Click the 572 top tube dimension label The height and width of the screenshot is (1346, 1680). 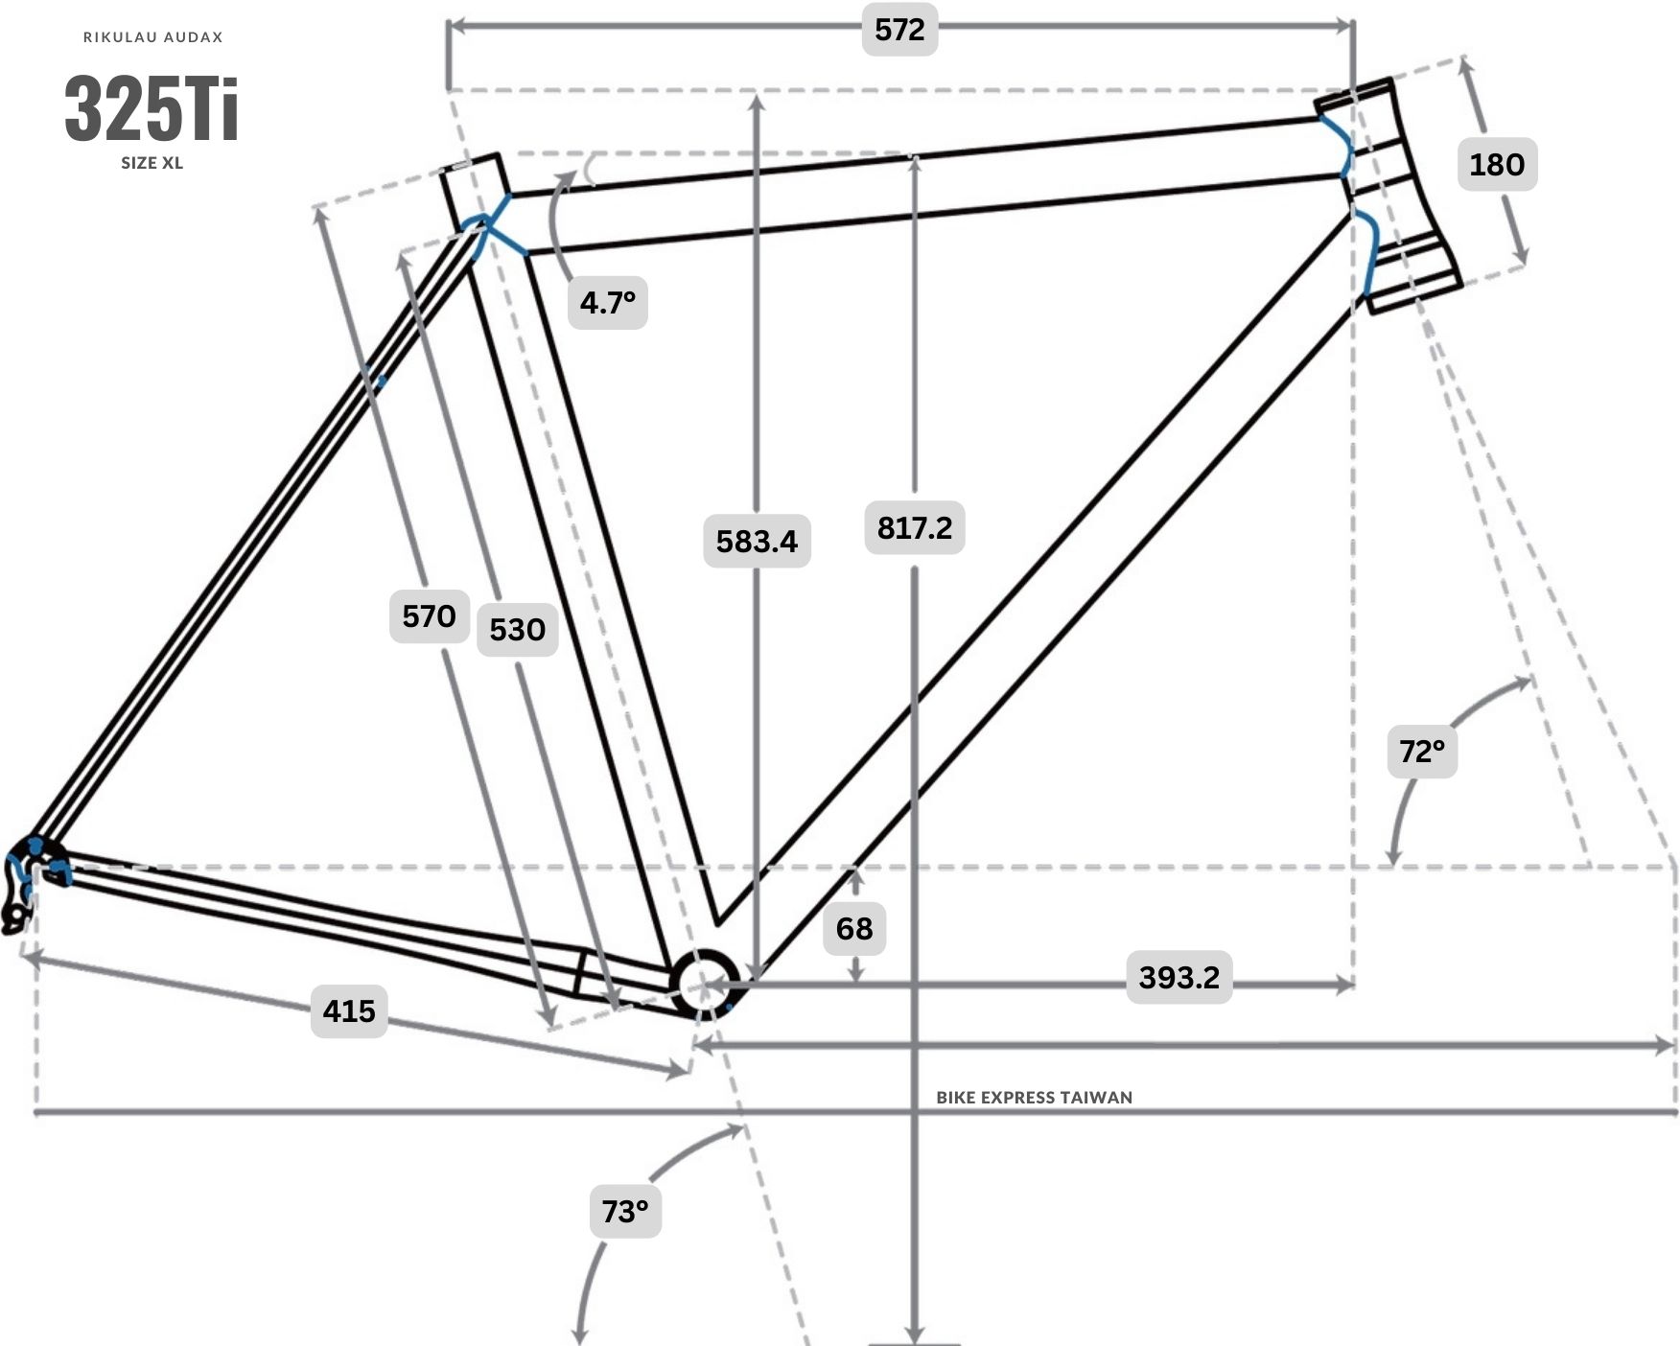coord(899,30)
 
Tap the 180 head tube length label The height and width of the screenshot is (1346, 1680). coord(1497,164)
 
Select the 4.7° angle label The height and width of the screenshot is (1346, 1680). coord(608,303)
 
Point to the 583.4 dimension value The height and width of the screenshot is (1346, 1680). coord(757,542)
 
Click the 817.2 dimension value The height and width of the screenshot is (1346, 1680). coord(915,527)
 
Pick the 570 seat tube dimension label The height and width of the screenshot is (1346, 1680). coord(429,615)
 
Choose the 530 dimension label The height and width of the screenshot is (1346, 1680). coord(517,630)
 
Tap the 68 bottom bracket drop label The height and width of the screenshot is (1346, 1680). coord(854,928)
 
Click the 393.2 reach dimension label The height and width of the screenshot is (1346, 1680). coord(1178,978)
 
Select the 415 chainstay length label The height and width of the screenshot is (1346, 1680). coord(349,1011)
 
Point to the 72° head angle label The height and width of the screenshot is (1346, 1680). coord(1422,751)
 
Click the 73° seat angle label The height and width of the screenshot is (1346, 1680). coord(625,1212)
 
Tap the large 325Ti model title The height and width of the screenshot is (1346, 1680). coord(152,108)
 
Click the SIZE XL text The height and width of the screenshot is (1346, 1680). coord(152,163)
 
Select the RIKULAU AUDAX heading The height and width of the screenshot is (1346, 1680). coord(153,37)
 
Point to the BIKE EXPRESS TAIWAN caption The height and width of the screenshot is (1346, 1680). coord(1035,1098)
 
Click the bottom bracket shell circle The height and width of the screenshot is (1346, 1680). coord(705,984)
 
